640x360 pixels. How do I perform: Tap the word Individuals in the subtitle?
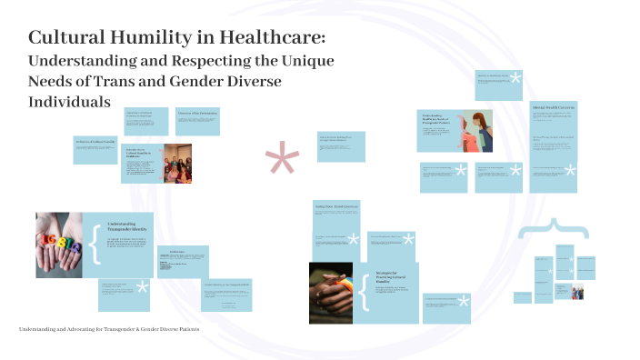click(69, 102)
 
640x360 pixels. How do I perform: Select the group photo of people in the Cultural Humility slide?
click(176, 164)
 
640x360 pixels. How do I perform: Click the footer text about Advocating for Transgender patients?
click(109, 328)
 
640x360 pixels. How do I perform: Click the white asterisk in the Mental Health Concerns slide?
click(570, 170)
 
